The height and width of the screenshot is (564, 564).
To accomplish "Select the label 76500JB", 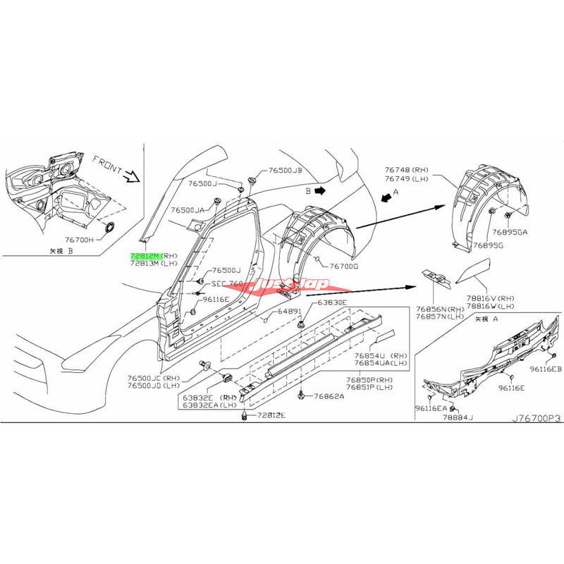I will click(285, 171).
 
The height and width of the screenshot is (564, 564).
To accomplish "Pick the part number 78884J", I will click(458, 417).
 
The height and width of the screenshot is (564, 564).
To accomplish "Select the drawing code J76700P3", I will click(537, 417).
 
